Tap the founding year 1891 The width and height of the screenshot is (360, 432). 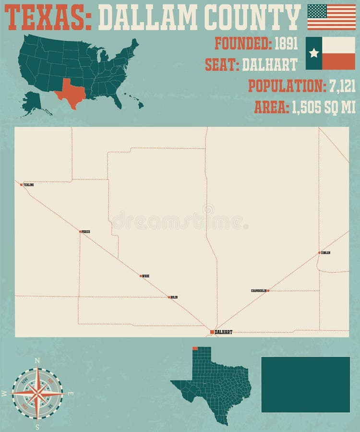286,44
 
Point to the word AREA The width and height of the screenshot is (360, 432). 270,107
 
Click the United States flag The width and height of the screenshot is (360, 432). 332,17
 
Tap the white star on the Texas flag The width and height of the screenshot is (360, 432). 314,53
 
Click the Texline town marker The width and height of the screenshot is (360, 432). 21,185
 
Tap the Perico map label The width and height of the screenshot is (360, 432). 86,232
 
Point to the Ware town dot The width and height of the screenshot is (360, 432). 141,276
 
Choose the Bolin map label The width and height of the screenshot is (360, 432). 174,298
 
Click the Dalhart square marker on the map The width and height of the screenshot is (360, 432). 212,332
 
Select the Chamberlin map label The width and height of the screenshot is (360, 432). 258,291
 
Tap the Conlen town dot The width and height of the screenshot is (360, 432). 319,252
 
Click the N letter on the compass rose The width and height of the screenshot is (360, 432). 37,360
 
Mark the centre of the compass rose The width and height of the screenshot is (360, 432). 37,393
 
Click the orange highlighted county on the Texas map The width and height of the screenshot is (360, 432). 195,348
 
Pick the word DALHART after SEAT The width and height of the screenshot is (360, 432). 269,64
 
